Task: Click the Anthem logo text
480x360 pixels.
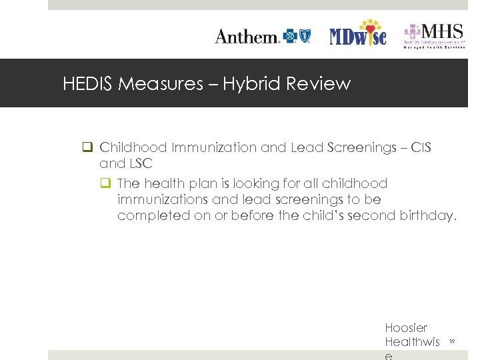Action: pyautogui.click(x=247, y=37)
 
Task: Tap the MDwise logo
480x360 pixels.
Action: pyautogui.click(x=358, y=35)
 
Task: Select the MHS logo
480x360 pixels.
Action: pyautogui.click(x=434, y=35)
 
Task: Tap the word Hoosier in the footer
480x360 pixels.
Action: pyautogui.click(x=406, y=328)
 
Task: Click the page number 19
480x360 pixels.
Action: pyautogui.click(x=451, y=341)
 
